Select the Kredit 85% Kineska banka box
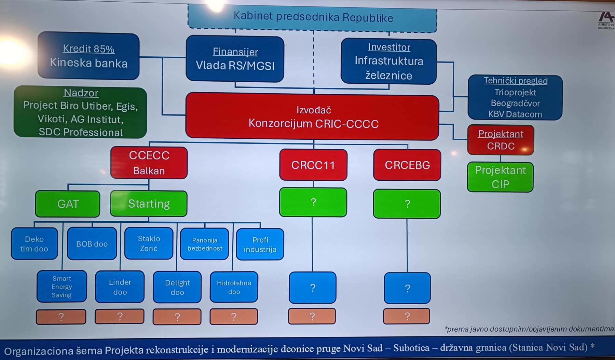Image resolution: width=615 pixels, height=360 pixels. pos(88,56)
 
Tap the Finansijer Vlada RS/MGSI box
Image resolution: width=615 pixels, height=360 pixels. pos(235,59)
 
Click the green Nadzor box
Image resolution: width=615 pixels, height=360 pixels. pos(80,112)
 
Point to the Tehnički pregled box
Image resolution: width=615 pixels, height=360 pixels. pos(515,98)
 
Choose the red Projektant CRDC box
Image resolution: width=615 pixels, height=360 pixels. pos(501,140)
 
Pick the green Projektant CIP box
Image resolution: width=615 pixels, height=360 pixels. pos(500,177)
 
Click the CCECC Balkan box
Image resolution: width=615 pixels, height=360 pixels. pos(149,163)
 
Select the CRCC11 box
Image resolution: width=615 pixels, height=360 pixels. pos(313,165)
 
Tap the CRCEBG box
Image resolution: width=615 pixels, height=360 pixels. pos(407,165)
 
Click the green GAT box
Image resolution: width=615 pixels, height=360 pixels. pos(68,204)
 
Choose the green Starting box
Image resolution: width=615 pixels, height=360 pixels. pos(149,204)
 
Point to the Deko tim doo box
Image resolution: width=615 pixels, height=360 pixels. pos(34,244)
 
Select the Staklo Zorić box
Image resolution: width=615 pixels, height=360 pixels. pos(149,243)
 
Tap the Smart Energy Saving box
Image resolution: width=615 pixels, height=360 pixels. pos(62,287)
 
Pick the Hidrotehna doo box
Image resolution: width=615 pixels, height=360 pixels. pos(234,287)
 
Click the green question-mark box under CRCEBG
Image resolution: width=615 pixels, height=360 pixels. pos(407,204)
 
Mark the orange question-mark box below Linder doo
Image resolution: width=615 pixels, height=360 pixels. pos(120,317)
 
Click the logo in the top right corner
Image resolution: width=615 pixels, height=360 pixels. pos(606,20)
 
